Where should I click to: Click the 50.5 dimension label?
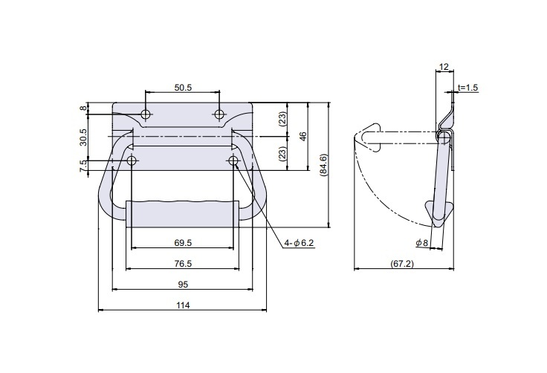[x=183, y=88]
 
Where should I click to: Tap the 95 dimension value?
[x=182, y=284]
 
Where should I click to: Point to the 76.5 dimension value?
[x=183, y=263]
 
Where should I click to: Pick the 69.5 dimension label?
[x=183, y=243]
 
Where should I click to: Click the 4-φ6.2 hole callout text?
[x=299, y=243]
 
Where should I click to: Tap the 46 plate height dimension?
[x=302, y=137]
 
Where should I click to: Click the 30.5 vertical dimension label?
[x=83, y=137]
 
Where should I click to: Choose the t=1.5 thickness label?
[x=468, y=88]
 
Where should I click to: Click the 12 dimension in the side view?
[x=443, y=67]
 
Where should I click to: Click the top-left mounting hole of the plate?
[x=146, y=114]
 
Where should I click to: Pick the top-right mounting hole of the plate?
[x=219, y=114]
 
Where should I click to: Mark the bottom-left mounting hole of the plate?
[x=132, y=160]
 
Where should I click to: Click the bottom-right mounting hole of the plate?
[x=233, y=160]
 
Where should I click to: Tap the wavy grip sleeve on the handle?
[x=183, y=213]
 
